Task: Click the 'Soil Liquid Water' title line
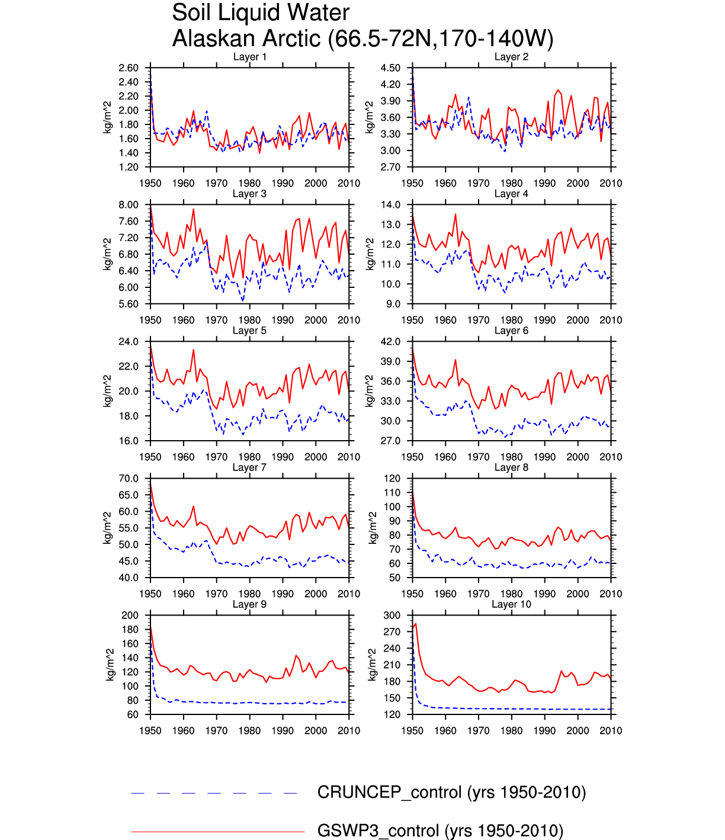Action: [261, 13]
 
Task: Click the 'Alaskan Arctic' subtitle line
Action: [362, 39]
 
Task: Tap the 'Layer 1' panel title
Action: [249, 57]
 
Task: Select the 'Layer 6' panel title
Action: [511, 331]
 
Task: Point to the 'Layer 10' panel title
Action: [511, 604]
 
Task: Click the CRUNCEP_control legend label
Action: [451, 793]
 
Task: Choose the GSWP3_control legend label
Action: [440, 831]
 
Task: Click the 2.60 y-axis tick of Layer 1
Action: [129, 68]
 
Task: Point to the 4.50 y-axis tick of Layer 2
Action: [390, 68]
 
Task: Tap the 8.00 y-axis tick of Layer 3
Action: [129, 205]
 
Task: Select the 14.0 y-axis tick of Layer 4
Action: [390, 205]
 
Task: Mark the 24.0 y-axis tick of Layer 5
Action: [129, 342]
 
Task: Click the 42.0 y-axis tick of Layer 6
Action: [390, 342]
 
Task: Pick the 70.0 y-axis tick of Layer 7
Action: [129, 479]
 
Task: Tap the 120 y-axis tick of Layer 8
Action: [393, 479]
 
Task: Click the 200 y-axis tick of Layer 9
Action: [130, 615]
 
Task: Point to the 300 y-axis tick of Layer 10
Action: [393, 615]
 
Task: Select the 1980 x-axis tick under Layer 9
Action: [249, 731]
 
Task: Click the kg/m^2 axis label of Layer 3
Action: [108, 254]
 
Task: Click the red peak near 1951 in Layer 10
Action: [416, 624]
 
